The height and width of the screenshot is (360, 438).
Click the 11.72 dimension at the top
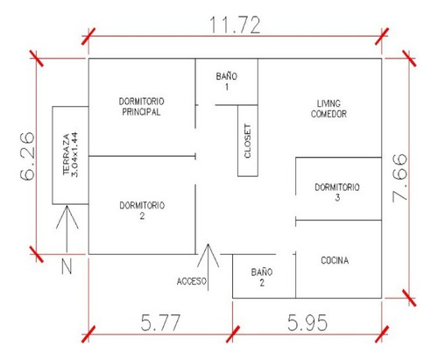pyautogui.click(x=235, y=25)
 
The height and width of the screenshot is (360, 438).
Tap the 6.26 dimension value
pyautogui.click(x=27, y=156)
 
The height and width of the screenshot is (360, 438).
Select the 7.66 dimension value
pyautogui.click(x=399, y=178)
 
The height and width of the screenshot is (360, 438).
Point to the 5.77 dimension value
pyautogui.click(x=160, y=322)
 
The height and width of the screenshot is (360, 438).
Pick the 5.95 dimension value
pyautogui.click(x=307, y=322)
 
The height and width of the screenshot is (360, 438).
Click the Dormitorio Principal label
pyautogui.click(x=141, y=107)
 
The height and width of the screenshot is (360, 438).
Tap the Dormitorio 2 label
pyautogui.click(x=142, y=210)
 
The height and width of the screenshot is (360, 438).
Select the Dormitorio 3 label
pyautogui.click(x=337, y=192)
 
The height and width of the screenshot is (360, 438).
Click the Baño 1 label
pyautogui.click(x=227, y=81)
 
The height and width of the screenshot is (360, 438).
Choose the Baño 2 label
pyautogui.click(x=262, y=277)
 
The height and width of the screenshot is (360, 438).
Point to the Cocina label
pyautogui.click(x=335, y=260)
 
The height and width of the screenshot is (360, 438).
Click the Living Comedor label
pyautogui.click(x=328, y=109)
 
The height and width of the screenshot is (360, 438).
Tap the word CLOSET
pyautogui.click(x=248, y=141)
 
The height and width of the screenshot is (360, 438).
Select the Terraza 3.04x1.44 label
pyautogui.click(x=70, y=155)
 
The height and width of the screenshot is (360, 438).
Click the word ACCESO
pyautogui.click(x=192, y=281)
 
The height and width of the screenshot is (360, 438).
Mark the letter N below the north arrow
pyautogui.click(x=67, y=265)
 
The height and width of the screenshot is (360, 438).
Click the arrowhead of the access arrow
pyautogui.click(x=208, y=244)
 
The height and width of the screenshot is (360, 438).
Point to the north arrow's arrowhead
pyautogui.click(x=67, y=206)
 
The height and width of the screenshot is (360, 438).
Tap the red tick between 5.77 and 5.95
pyautogui.click(x=233, y=335)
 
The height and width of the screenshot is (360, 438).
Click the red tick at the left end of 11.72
pyautogui.click(x=88, y=37)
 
